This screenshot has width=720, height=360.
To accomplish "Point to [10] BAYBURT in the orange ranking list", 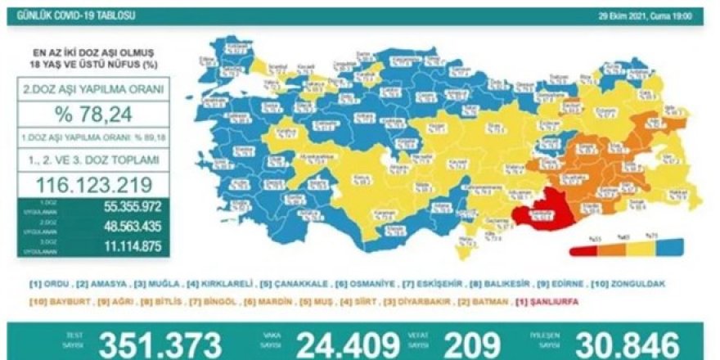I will [x=56, y=300].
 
